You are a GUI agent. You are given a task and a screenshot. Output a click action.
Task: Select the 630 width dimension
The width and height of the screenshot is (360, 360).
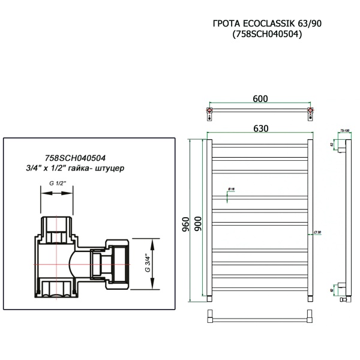pyautogui.click(x=260, y=128)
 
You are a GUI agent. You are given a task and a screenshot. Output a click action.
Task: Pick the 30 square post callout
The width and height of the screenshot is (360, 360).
pyautogui.click(x=317, y=232)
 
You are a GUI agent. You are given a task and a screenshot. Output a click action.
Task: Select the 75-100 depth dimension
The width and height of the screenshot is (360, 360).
pyautogui.click(x=345, y=130)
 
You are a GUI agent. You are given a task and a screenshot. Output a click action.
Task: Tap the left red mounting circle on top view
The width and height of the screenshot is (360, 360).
pyautogui.click(x=209, y=112)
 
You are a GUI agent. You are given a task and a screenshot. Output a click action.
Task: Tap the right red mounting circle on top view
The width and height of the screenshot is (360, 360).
pyautogui.click(x=310, y=112)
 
